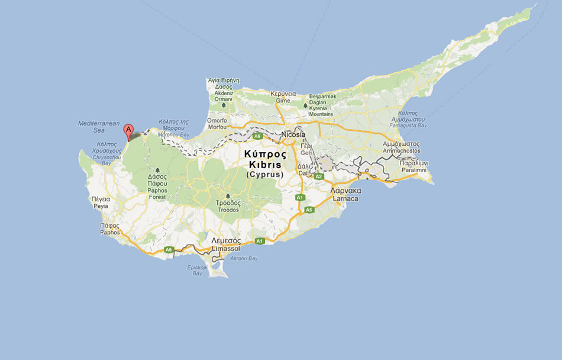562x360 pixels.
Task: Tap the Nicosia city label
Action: click(x=293, y=134)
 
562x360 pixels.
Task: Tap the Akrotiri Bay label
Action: click(x=244, y=259)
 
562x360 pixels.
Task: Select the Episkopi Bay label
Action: click(x=196, y=270)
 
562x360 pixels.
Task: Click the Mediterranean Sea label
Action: click(x=91, y=127)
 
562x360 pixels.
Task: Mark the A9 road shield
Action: click(x=257, y=136)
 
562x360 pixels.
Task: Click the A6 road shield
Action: click(x=169, y=249)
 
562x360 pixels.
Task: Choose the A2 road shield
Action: click(x=319, y=176)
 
